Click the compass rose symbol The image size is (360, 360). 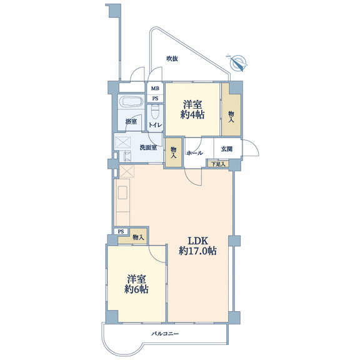[x=237, y=63]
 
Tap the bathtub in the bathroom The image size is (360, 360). [x=131, y=101]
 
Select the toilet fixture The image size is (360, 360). [x=155, y=112]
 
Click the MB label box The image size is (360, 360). [x=155, y=88]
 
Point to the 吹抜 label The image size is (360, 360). [x=172, y=59]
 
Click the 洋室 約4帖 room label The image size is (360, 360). [x=192, y=109]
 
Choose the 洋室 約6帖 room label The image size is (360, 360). [x=136, y=284]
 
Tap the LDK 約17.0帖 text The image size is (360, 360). [x=197, y=246]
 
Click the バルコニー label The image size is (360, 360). [x=165, y=333]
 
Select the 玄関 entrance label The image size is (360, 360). [x=227, y=149]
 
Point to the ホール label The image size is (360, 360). [x=194, y=152]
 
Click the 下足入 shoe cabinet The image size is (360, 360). [x=218, y=164]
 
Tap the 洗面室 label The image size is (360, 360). [x=148, y=147]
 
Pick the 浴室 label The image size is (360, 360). [x=131, y=121]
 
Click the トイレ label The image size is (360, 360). [x=156, y=125]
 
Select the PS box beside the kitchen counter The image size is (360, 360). [x=121, y=231]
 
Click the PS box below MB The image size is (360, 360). [x=156, y=99]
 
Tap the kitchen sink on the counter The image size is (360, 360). [x=123, y=192]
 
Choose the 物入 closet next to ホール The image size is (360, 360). [x=174, y=152]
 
